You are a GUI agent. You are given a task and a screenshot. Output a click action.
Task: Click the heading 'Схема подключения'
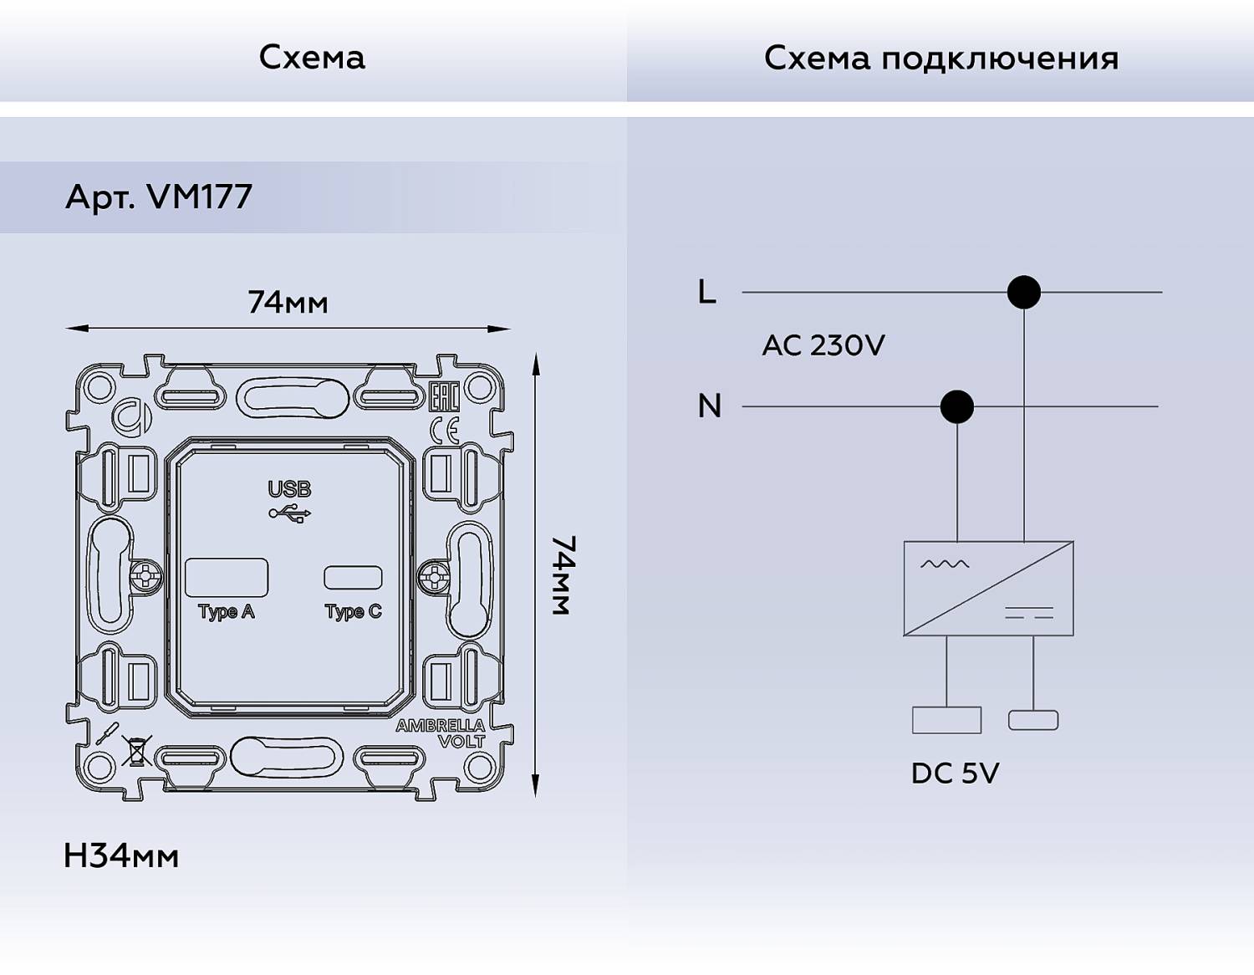tap(940, 59)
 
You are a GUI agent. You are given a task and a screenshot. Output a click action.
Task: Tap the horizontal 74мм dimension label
tap(288, 302)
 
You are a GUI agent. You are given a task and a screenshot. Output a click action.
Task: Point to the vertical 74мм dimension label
tap(563, 575)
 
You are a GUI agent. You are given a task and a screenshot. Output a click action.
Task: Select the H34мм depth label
tap(121, 855)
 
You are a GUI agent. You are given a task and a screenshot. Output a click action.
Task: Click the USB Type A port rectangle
tap(226, 577)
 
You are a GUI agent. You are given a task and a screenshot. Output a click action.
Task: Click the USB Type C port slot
tap(353, 577)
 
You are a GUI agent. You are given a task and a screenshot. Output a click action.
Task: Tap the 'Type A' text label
tap(226, 611)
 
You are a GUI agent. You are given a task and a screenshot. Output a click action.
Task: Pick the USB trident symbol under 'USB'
tap(290, 513)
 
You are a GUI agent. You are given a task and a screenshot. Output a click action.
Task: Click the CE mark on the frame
tap(444, 430)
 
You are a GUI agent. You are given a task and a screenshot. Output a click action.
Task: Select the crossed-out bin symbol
tap(136, 750)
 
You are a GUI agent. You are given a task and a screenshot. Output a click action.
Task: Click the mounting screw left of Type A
tap(146, 577)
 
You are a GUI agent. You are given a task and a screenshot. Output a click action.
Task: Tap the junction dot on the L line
tap(1023, 292)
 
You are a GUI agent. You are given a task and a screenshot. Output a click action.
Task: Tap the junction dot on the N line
tap(956, 406)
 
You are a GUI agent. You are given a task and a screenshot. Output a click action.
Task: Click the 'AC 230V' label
tap(823, 345)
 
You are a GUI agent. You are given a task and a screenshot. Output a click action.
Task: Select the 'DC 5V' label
tap(955, 773)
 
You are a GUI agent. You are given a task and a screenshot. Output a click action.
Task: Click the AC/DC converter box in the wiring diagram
tap(988, 588)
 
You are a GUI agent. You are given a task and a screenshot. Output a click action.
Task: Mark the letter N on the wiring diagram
tap(709, 406)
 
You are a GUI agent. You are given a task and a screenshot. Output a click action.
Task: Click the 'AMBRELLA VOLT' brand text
tap(441, 733)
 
